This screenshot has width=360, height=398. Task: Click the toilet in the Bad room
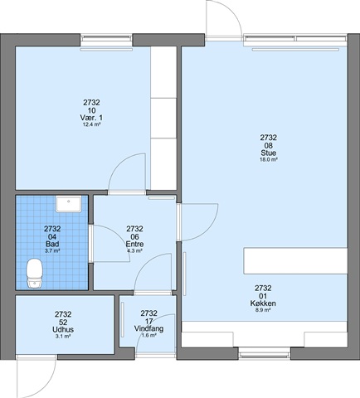35,273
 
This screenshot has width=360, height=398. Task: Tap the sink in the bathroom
68,204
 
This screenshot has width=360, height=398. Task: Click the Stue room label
268,153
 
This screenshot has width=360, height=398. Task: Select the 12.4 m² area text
91,124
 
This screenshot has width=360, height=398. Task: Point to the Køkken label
263,303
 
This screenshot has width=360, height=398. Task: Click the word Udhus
63,329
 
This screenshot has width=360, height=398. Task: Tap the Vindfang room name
148,328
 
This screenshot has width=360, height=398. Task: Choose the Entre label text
134,244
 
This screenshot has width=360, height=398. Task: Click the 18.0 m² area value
269,159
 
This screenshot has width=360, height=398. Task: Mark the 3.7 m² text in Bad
52,251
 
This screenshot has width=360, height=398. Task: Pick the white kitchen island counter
295,261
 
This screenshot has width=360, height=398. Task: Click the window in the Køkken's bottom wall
265,353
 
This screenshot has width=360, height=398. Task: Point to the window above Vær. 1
107,40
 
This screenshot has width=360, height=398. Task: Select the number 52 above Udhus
63,322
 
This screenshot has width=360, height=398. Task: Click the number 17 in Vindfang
148,321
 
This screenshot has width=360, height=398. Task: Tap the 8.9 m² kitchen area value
263,310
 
